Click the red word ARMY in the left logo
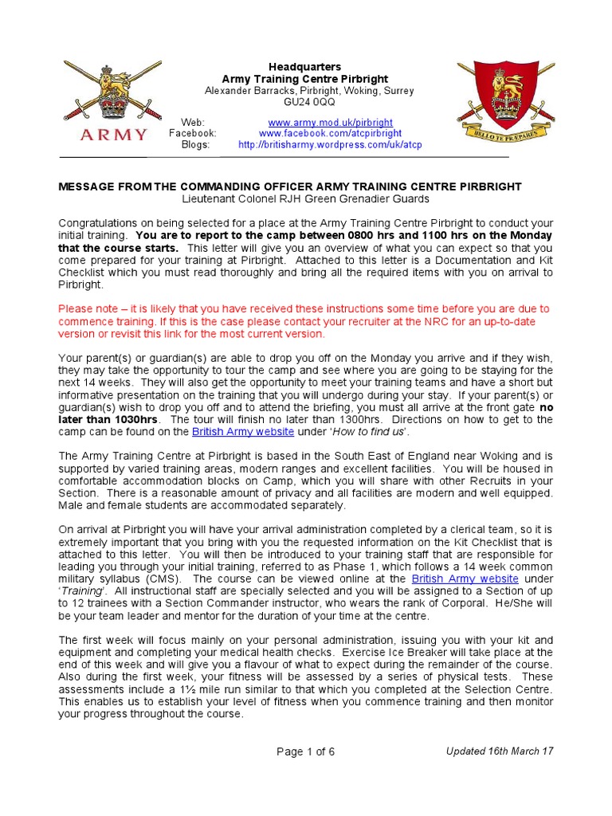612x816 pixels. coord(114,134)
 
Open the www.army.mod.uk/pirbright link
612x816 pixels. coord(330,123)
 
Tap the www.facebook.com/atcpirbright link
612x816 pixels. coord(330,134)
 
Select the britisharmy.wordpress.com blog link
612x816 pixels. coord(330,145)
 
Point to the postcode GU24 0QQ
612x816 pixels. coord(310,103)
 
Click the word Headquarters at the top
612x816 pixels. coord(304,67)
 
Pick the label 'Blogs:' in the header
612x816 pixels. coord(195,145)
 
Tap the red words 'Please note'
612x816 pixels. coord(87,308)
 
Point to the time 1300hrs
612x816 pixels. coord(355,419)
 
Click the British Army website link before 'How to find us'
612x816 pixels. coord(243,432)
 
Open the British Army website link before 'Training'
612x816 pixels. coord(465,579)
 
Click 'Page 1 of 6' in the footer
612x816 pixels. coord(305,751)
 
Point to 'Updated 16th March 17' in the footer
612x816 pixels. coord(499,751)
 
